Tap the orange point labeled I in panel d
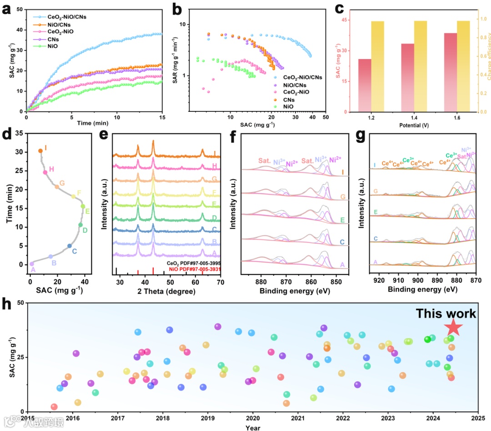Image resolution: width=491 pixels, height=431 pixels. click(40, 150)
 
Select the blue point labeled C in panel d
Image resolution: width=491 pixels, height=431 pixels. click(70, 246)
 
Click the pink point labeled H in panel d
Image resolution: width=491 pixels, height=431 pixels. click(45, 172)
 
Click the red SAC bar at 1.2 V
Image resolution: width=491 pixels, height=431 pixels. click(365, 85)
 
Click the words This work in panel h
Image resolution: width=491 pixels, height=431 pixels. click(446, 313)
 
